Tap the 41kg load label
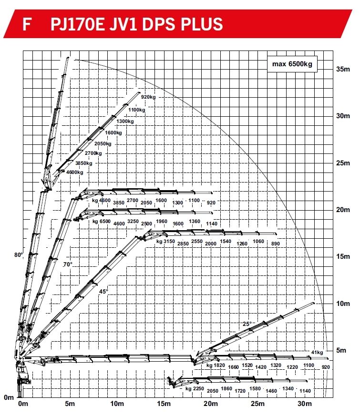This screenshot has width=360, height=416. pos(316,352)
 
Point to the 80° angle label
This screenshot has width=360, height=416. pos(19,255)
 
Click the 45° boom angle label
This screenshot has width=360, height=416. pos(103,291)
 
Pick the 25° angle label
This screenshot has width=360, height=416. pos(247,324)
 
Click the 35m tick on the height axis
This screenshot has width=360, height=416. pos(343,69)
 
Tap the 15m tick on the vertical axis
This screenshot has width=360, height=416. pos(343,256)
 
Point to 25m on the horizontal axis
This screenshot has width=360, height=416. pos(257,405)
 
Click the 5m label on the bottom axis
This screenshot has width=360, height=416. pos(70,405)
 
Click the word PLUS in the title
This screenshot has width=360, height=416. pos(199,24)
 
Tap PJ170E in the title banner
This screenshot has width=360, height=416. pos(76,24)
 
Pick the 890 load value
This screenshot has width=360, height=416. pos(275,244)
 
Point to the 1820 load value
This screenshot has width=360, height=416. pos(219,365)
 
